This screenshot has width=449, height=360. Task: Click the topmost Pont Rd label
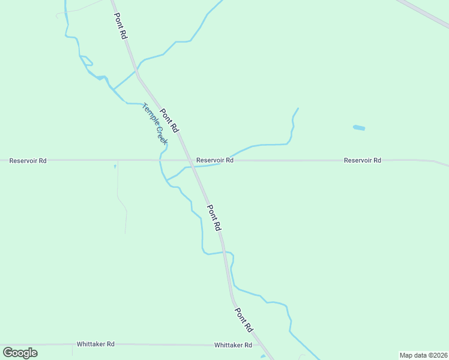point(121,26)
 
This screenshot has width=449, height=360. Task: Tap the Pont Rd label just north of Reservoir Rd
point(170,120)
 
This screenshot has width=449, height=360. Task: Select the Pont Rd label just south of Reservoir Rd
point(214,218)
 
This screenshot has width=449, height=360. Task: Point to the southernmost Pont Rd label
point(243,320)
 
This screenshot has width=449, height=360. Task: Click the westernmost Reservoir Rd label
point(28,161)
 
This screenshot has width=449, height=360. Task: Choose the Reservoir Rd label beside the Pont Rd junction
point(214,160)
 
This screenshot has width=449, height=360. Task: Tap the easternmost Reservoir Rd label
point(362,160)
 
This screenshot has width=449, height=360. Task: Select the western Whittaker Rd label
point(95,344)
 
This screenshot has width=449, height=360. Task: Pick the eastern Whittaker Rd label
point(233,345)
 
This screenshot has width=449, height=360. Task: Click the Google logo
point(20,353)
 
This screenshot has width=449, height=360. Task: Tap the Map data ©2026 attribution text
point(423,355)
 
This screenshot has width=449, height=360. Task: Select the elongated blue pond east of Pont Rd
point(359,128)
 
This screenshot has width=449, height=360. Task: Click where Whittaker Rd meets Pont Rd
point(259,345)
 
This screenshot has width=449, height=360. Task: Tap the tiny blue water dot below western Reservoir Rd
point(115,167)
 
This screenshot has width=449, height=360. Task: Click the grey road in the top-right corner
point(423,13)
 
